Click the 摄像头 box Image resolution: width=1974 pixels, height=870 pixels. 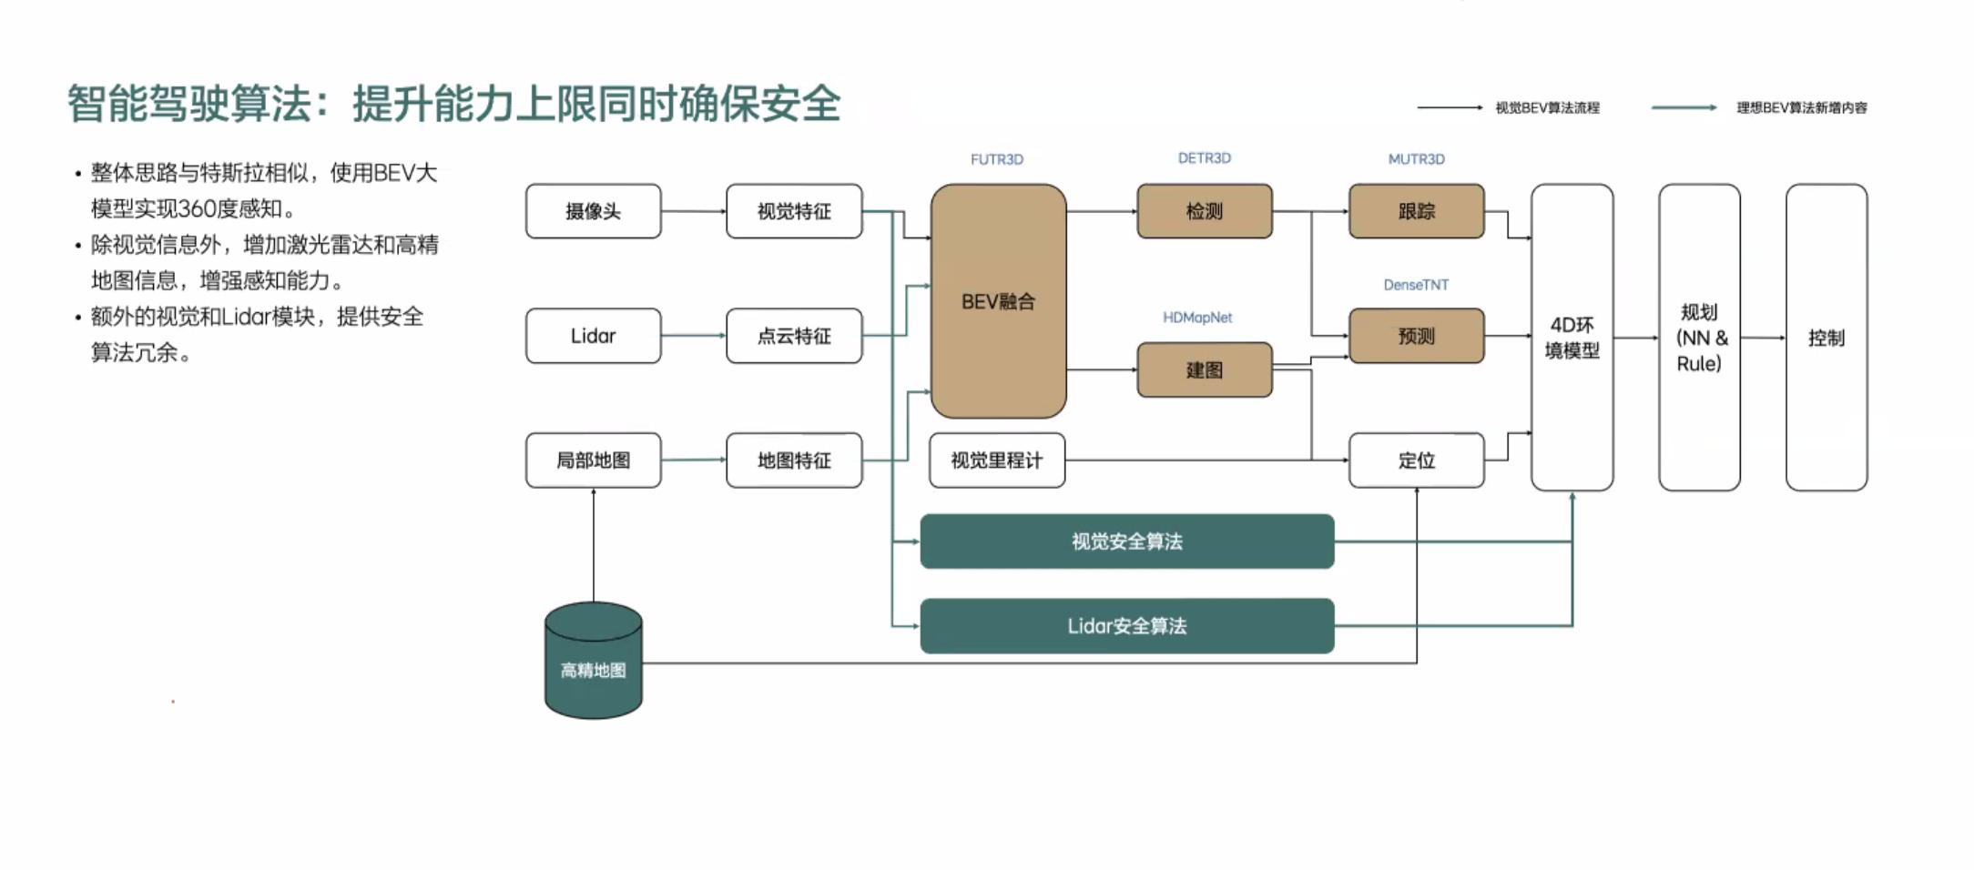[x=593, y=211]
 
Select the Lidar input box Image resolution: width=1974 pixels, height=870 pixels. [x=593, y=336]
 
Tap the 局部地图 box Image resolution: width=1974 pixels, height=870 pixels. [x=593, y=460]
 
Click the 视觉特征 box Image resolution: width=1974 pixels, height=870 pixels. [x=794, y=211]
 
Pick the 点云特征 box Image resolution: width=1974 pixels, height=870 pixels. [x=794, y=336]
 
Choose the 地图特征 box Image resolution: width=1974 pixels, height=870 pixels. [x=794, y=460]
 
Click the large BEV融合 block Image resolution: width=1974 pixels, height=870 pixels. [x=998, y=301]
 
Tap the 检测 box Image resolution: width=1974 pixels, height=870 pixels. [x=1204, y=211]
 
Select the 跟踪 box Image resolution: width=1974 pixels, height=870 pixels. [x=1416, y=211]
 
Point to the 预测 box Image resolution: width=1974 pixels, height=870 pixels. [x=1416, y=336]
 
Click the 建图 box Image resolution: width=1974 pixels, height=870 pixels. [x=1204, y=369]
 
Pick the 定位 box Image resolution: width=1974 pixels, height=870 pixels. [x=1416, y=460]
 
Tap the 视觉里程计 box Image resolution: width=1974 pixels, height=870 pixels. [x=996, y=460]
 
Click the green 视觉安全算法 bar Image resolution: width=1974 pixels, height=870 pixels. [x=1126, y=541]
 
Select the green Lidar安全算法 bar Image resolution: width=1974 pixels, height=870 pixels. [x=1126, y=626]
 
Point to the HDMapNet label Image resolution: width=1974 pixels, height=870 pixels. [x=1196, y=318]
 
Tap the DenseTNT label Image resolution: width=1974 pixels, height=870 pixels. [x=1416, y=285]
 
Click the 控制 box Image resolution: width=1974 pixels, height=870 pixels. [x=1826, y=338]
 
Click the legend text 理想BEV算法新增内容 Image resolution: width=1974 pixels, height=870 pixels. [x=1801, y=107]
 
